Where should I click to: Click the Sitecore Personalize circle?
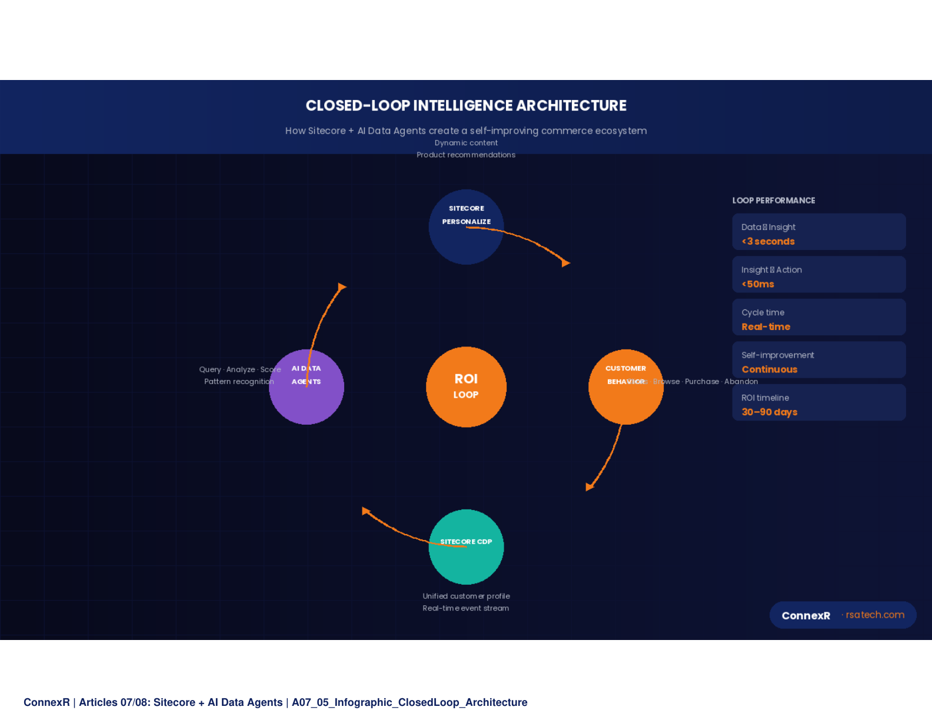(x=466, y=227)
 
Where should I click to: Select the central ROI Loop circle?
(x=466, y=386)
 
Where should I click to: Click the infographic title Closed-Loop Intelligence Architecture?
(x=466, y=106)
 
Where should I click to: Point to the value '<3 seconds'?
(x=768, y=242)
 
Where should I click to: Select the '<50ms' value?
(x=758, y=284)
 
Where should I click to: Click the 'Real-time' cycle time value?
(x=765, y=327)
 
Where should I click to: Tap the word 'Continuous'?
(x=769, y=369)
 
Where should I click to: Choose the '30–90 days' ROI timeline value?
(x=769, y=412)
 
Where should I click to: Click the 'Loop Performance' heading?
(x=773, y=201)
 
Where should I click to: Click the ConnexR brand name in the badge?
(x=805, y=616)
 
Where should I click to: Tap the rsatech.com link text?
(x=875, y=615)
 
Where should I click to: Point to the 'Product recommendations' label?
(x=466, y=155)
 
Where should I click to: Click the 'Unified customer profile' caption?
(x=466, y=596)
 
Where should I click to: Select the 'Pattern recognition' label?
(x=239, y=382)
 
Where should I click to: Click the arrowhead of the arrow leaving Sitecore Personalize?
(x=566, y=263)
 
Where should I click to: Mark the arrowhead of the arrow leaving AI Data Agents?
(x=342, y=287)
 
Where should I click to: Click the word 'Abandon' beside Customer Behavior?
(x=741, y=382)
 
